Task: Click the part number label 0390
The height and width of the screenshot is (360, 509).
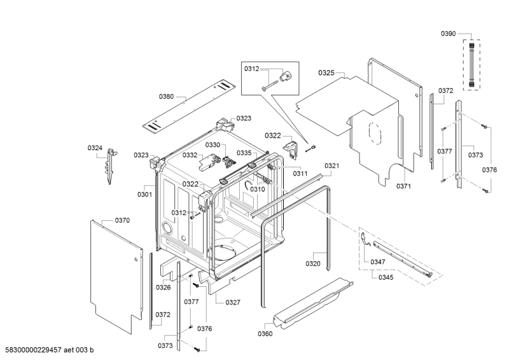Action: coord(448,33)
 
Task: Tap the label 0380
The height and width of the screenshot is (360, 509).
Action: coord(166,97)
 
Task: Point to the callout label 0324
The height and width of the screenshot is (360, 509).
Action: coord(95,148)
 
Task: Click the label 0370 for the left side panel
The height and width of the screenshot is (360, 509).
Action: coord(122,220)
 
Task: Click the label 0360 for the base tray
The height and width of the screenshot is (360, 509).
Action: coord(265,333)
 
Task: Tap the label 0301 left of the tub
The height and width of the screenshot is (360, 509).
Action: coord(144,194)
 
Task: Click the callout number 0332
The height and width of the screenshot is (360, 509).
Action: coord(190,155)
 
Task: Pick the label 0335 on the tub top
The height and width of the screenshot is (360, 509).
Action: coord(244,153)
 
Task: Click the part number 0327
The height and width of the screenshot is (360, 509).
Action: coord(232,302)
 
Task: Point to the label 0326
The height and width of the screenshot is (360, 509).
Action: coord(163,287)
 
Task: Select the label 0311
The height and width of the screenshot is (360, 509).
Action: coord(300,173)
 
